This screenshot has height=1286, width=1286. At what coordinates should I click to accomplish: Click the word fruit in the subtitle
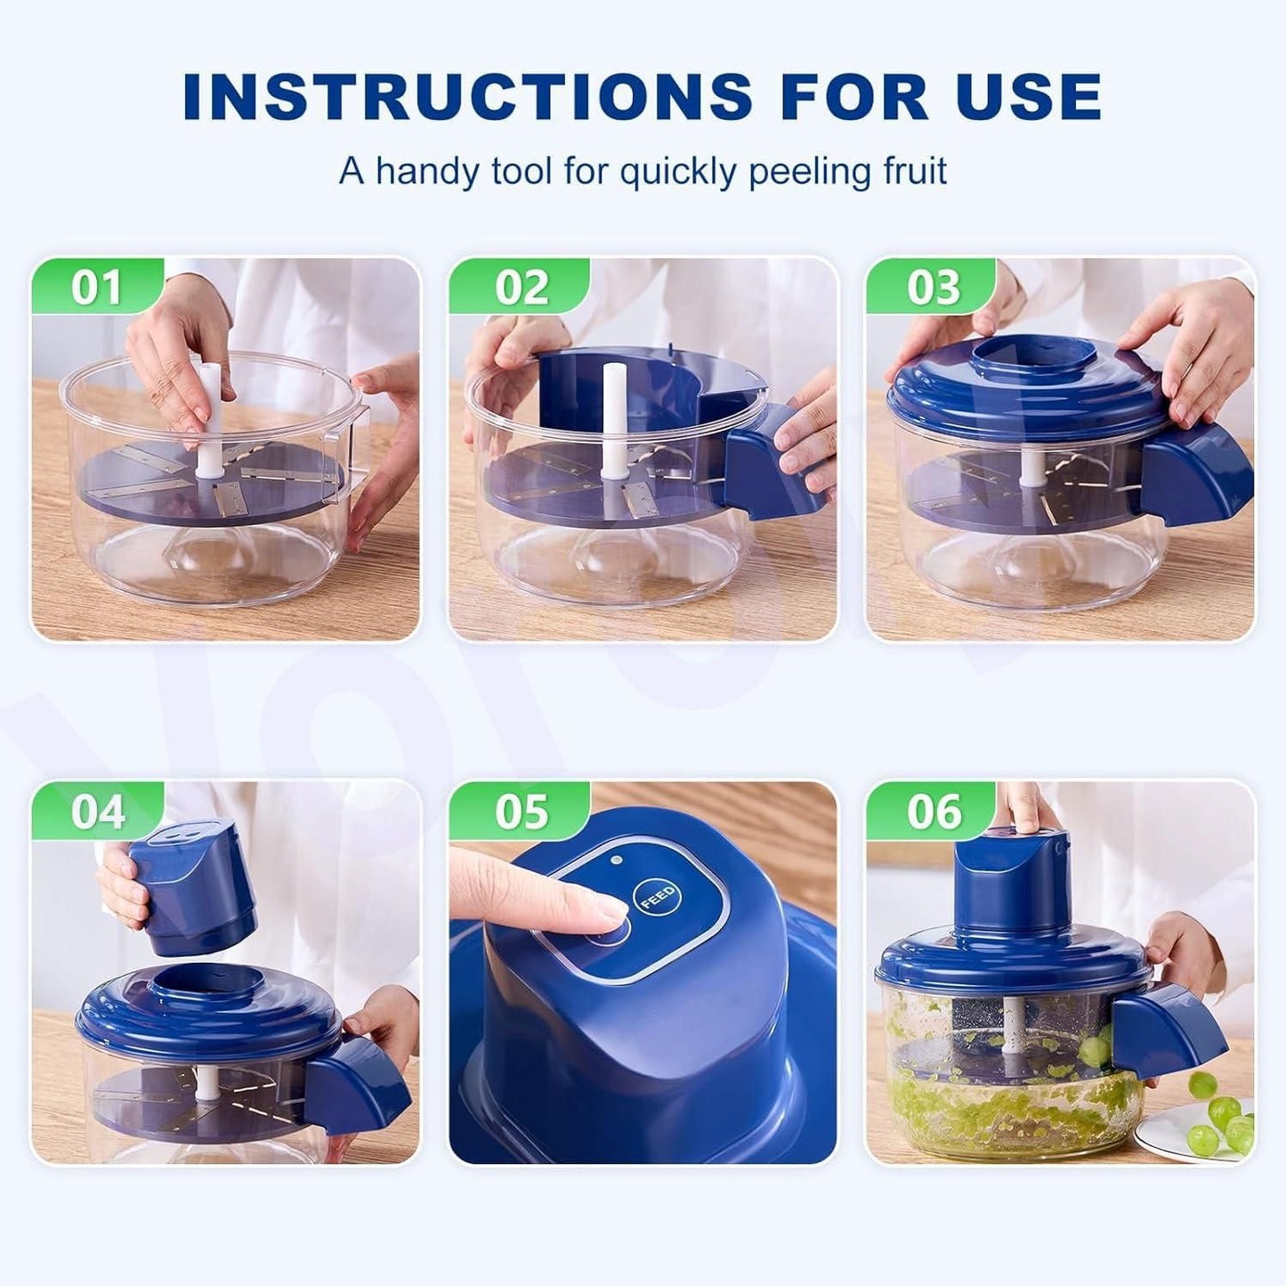tap(908, 170)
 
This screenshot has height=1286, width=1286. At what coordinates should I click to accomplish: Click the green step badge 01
tap(96, 287)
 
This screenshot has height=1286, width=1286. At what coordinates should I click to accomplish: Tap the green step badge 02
tap(521, 287)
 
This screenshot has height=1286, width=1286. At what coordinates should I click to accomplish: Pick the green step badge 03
tap(934, 287)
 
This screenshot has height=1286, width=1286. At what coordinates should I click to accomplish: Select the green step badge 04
tap(96, 811)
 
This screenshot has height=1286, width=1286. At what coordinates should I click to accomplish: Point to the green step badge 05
tap(521, 811)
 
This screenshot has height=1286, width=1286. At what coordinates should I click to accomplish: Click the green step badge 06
tap(934, 811)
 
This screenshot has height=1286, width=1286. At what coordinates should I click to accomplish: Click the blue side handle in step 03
tap(1197, 476)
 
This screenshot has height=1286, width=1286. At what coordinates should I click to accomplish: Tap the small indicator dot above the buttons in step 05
tap(616, 860)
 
